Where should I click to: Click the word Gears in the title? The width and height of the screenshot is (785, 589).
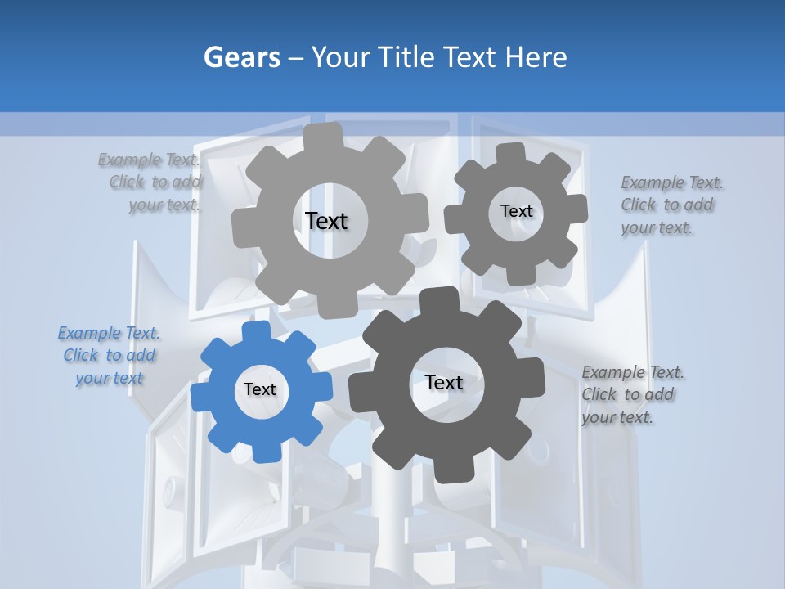click(242, 57)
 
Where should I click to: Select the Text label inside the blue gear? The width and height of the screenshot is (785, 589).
click(260, 390)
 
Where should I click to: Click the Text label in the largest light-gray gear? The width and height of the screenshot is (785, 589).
click(326, 221)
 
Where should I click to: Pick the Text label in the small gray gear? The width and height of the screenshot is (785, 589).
click(516, 211)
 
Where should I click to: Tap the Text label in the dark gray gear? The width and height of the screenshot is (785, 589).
click(444, 382)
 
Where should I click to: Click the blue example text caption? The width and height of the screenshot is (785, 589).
click(110, 356)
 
